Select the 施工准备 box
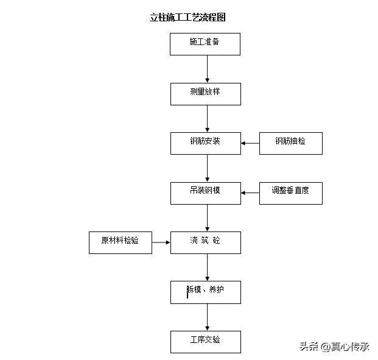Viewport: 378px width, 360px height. point(205,44)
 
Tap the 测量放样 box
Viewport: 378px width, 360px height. point(205,93)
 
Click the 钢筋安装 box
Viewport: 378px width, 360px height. point(205,143)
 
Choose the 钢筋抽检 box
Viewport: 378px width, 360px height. point(290,143)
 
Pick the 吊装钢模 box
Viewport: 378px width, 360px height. point(205,192)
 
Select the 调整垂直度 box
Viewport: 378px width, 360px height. point(290,192)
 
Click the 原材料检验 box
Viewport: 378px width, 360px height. point(120,242)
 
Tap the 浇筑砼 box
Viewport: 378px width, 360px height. point(205,242)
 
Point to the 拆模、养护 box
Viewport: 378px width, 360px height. point(205,292)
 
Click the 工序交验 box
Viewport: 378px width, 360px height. point(205,342)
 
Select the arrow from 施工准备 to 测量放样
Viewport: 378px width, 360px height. point(208,69)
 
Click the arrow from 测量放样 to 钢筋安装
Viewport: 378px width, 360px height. point(208,118)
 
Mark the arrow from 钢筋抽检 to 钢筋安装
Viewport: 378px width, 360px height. point(250,143)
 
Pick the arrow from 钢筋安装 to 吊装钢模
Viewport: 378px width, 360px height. point(208,168)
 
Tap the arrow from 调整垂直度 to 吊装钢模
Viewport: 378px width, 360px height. point(250,192)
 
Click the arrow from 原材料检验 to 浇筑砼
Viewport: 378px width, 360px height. point(161,242)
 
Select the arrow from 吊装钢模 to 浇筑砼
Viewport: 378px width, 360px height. point(208,217)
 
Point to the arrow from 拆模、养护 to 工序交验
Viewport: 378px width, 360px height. point(208,317)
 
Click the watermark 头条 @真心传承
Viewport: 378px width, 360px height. point(334,347)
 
